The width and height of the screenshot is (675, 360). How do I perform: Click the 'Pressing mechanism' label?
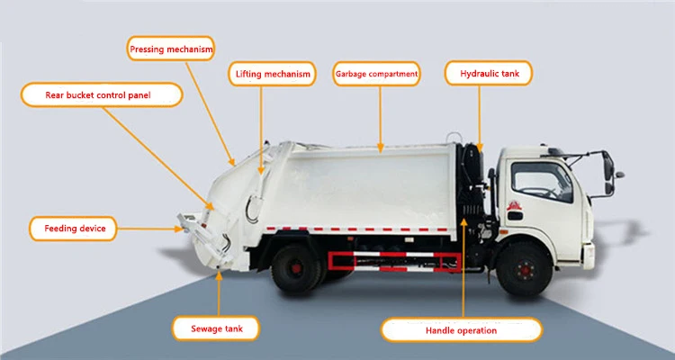point(172,48)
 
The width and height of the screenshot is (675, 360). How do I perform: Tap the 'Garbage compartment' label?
point(376,73)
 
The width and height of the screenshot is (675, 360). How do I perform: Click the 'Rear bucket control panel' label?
point(99,94)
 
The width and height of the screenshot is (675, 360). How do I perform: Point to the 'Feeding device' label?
point(75,229)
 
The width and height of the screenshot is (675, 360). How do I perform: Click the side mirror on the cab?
point(607,164)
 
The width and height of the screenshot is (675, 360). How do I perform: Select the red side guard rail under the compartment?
point(397,260)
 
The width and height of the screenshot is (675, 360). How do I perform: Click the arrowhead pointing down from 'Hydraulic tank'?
point(481,145)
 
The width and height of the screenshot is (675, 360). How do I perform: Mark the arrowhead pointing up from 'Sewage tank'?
point(220,275)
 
